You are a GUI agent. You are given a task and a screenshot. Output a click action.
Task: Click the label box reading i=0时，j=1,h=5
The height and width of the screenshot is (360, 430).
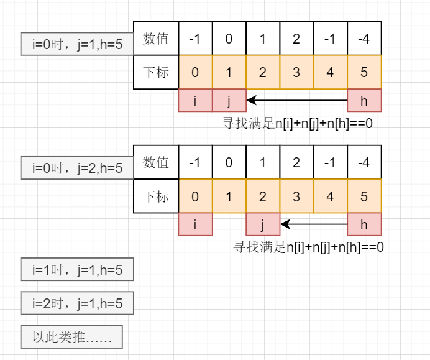[77, 44]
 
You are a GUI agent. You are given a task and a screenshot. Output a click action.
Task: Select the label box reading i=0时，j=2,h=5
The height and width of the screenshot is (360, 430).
[77, 167]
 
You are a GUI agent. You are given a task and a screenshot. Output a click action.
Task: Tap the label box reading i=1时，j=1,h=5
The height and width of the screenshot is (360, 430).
[77, 269]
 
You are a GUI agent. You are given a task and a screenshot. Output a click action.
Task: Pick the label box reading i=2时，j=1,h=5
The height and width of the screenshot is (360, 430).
[77, 303]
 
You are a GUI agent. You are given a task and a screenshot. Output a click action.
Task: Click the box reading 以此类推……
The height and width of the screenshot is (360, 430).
[71, 337]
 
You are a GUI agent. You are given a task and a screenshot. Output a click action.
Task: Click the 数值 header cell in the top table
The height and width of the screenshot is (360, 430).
[156, 39]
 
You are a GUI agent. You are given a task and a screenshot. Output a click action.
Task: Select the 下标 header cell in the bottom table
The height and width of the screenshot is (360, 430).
[156, 196]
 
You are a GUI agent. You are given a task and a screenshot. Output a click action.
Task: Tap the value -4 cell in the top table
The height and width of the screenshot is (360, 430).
[364, 39]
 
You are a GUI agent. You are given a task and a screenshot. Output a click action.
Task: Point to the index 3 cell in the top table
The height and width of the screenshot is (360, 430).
[296, 72]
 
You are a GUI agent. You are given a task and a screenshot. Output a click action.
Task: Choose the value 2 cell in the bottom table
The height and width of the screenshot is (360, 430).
[296, 163]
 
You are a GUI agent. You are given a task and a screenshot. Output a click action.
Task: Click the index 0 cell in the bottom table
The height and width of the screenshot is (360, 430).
[195, 196]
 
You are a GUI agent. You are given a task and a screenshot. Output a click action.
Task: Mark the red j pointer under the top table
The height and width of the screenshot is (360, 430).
[229, 100]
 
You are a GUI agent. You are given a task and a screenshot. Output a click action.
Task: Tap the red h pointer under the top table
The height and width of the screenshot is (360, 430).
[364, 100]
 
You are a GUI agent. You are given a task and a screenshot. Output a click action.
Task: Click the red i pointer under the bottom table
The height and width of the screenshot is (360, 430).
[195, 224]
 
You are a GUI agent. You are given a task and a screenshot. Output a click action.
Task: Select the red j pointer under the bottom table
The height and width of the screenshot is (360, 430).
[263, 224]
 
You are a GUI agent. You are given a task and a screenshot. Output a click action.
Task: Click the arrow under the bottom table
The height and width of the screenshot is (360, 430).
[314, 224]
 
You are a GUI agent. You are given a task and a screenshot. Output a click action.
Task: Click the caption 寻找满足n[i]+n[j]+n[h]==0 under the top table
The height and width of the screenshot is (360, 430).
[297, 122]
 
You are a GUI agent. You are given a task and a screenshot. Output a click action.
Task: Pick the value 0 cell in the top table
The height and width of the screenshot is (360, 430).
[229, 39]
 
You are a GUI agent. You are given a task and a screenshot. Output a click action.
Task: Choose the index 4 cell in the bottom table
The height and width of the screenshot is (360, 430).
[330, 196]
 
